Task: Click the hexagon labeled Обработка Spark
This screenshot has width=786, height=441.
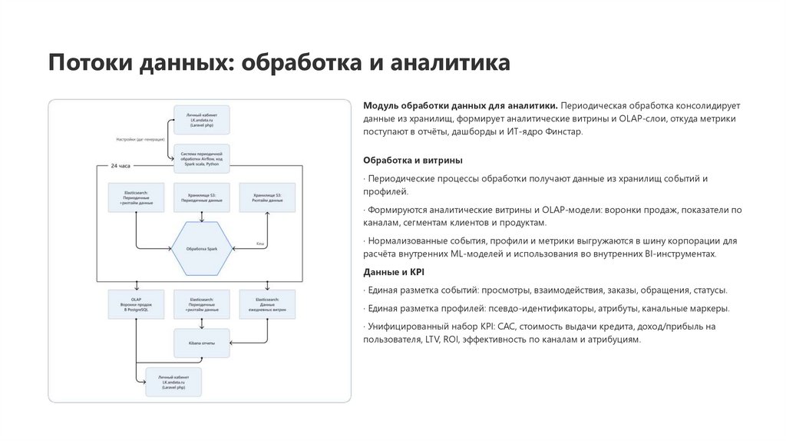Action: (201, 248)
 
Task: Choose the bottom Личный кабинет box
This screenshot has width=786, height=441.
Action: (174, 382)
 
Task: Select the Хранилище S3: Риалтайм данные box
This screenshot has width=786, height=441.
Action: (267, 197)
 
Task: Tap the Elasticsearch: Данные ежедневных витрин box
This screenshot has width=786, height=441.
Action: (267, 303)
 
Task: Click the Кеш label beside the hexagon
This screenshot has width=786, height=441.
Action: (260, 244)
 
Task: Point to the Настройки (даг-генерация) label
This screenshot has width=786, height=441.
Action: (140, 139)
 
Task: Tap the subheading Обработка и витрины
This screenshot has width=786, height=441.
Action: (412, 160)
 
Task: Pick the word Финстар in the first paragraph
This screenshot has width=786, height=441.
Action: (563, 131)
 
